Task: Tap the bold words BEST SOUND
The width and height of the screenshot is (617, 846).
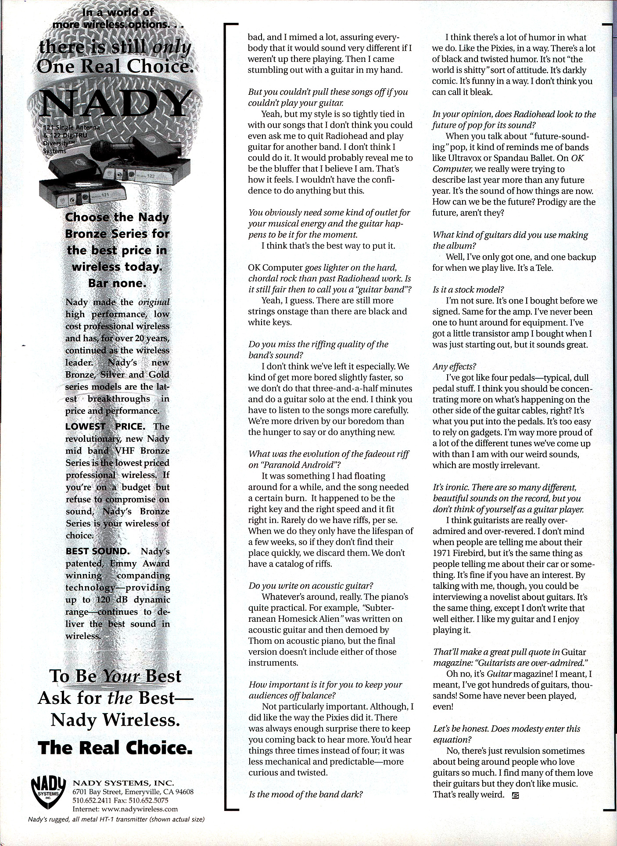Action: pyautogui.click(x=97, y=551)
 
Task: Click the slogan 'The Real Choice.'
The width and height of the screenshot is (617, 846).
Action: pyautogui.click(x=115, y=748)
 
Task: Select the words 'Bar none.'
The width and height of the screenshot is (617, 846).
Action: pyautogui.click(x=117, y=283)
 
